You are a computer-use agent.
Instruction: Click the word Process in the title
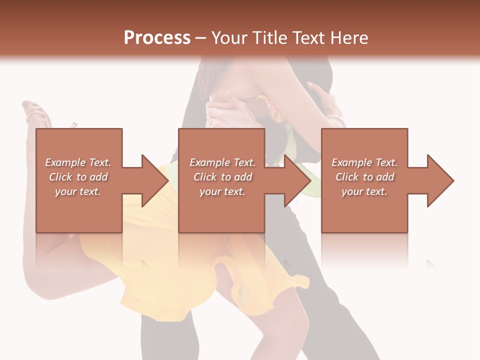coord(157,38)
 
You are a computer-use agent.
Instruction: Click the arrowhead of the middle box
coord(297,180)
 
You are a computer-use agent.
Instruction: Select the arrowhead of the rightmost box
coord(440,180)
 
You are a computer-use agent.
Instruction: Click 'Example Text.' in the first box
coord(78,162)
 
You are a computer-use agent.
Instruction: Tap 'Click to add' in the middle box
coord(222,177)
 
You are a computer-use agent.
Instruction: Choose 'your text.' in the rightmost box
coord(364,191)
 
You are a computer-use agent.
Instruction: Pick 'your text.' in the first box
coord(78,191)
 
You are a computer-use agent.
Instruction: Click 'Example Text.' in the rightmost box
coord(364,162)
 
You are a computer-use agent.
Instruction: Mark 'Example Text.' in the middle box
coord(222,162)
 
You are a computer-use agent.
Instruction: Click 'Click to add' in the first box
coord(78,177)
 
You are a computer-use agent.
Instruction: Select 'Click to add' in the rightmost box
coord(364,177)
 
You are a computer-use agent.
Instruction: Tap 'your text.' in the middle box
coord(222,191)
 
